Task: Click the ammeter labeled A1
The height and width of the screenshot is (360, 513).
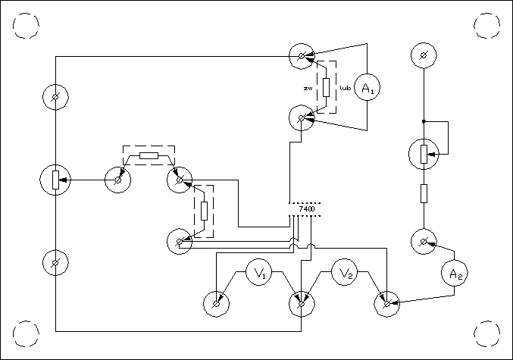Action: tap(368, 89)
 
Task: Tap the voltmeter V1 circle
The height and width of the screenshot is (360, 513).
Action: tap(259, 274)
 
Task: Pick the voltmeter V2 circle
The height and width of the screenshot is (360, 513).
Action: tap(346, 273)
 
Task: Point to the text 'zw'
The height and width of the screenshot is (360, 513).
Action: tap(308, 89)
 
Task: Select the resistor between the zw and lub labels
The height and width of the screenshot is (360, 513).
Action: tap(327, 86)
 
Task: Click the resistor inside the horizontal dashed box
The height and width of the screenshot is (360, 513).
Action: tap(149, 156)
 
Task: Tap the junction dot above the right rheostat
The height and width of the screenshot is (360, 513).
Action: tap(424, 121)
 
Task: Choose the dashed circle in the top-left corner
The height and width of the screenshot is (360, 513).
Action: tap(27, 27)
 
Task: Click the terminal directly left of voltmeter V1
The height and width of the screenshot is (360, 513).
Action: tap(216, 305)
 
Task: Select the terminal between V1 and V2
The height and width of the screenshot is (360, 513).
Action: tap(302, 305)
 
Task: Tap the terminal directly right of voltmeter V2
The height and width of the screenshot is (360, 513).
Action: tap(387, 305)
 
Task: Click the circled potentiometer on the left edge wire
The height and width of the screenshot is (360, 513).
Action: tap(55, 180)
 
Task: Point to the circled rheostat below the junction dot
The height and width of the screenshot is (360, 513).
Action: tap(424, 154)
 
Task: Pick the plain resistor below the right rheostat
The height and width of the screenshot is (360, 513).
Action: tap(424, 194)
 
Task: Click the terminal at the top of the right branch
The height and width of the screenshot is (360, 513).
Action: tap(424, 55)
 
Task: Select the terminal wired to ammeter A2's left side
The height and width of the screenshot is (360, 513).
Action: tap(424, 243)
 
